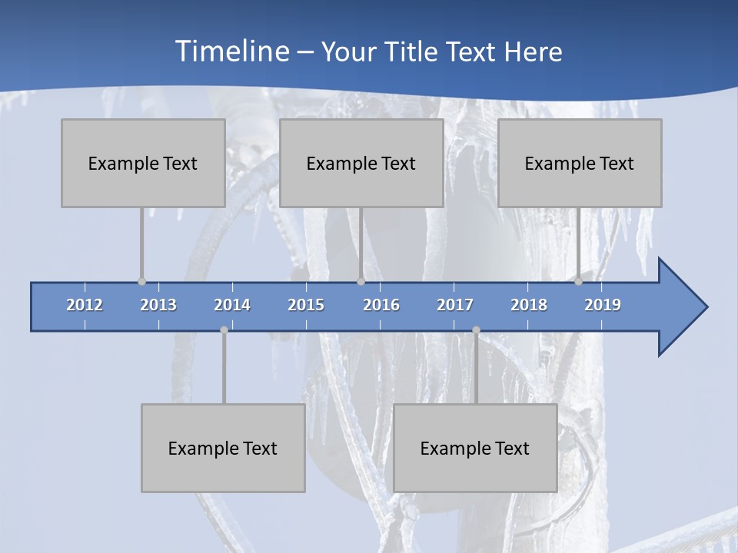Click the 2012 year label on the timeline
(x=85, y=305)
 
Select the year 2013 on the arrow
(x=158, y=305)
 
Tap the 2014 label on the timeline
(x=232, y=305)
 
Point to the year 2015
(x=306, y=305)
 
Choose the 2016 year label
(x=381, y=305)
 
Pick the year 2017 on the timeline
(x=455, y=305)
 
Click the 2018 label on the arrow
(x=529, y=305)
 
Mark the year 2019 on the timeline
(x=603, y=305)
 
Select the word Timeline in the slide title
(x=231, y=51)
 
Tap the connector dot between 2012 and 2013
(x=141, y=281)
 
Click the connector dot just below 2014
(x=224, y=329)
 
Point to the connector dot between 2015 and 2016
(x=361, y=281)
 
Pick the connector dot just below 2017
(x=476, y=329)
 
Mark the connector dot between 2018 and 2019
(x=578, y=281)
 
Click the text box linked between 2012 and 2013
(x=143, y=163)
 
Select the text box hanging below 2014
(x=223, y=448)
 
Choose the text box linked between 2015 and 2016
(x=361, y=163)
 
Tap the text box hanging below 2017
(x=475, y=448)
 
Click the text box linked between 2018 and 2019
(x=580, y=163)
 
